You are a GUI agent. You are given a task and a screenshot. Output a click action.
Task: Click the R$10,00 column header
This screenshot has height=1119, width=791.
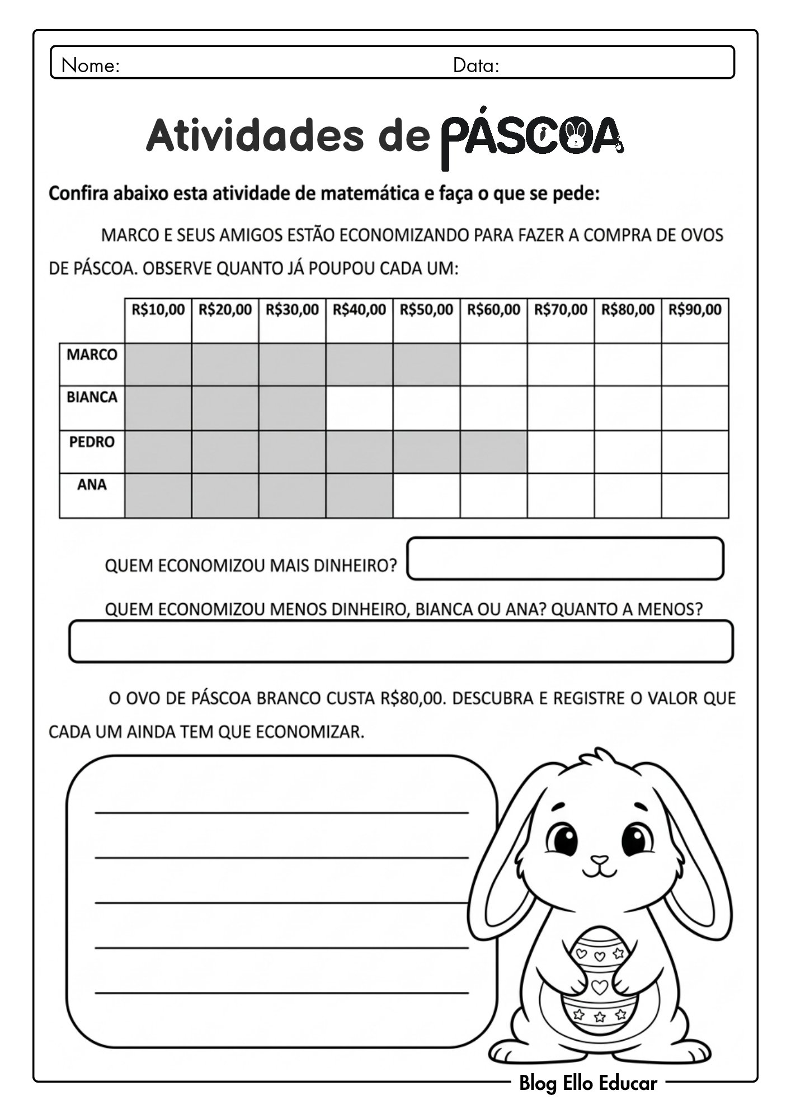coord(158,309)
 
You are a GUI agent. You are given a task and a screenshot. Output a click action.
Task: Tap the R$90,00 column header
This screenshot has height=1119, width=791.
coord(695,309)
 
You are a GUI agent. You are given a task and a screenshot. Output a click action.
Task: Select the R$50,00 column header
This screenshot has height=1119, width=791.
coord(426,309)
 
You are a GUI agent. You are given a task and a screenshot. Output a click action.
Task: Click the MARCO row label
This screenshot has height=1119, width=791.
coord(92,355)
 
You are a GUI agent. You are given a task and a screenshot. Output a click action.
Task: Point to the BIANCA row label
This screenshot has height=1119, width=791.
coord(92,397)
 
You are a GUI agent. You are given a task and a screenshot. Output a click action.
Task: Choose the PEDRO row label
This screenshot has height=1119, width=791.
coord(92,442)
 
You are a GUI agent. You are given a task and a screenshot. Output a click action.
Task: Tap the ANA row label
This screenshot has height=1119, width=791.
coord(92,485)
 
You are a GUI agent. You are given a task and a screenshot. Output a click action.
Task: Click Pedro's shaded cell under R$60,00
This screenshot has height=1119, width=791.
coord(493,452)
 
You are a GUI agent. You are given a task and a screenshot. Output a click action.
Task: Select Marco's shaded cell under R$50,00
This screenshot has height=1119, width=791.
coord(426,364)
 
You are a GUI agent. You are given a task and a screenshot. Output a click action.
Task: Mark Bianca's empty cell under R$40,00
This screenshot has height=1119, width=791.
coord(359,408)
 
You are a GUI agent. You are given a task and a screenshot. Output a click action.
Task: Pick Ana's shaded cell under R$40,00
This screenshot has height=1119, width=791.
coord(359,495)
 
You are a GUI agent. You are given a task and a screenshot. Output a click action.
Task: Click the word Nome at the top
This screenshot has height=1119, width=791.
coord(90,66)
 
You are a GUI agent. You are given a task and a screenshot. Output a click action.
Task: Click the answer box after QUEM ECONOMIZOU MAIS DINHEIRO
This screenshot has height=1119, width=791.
coord(565,558)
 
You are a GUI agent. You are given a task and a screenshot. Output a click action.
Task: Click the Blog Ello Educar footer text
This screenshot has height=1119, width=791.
coord(588,1083)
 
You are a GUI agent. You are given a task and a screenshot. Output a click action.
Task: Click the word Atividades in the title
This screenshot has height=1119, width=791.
coord(255,136)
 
